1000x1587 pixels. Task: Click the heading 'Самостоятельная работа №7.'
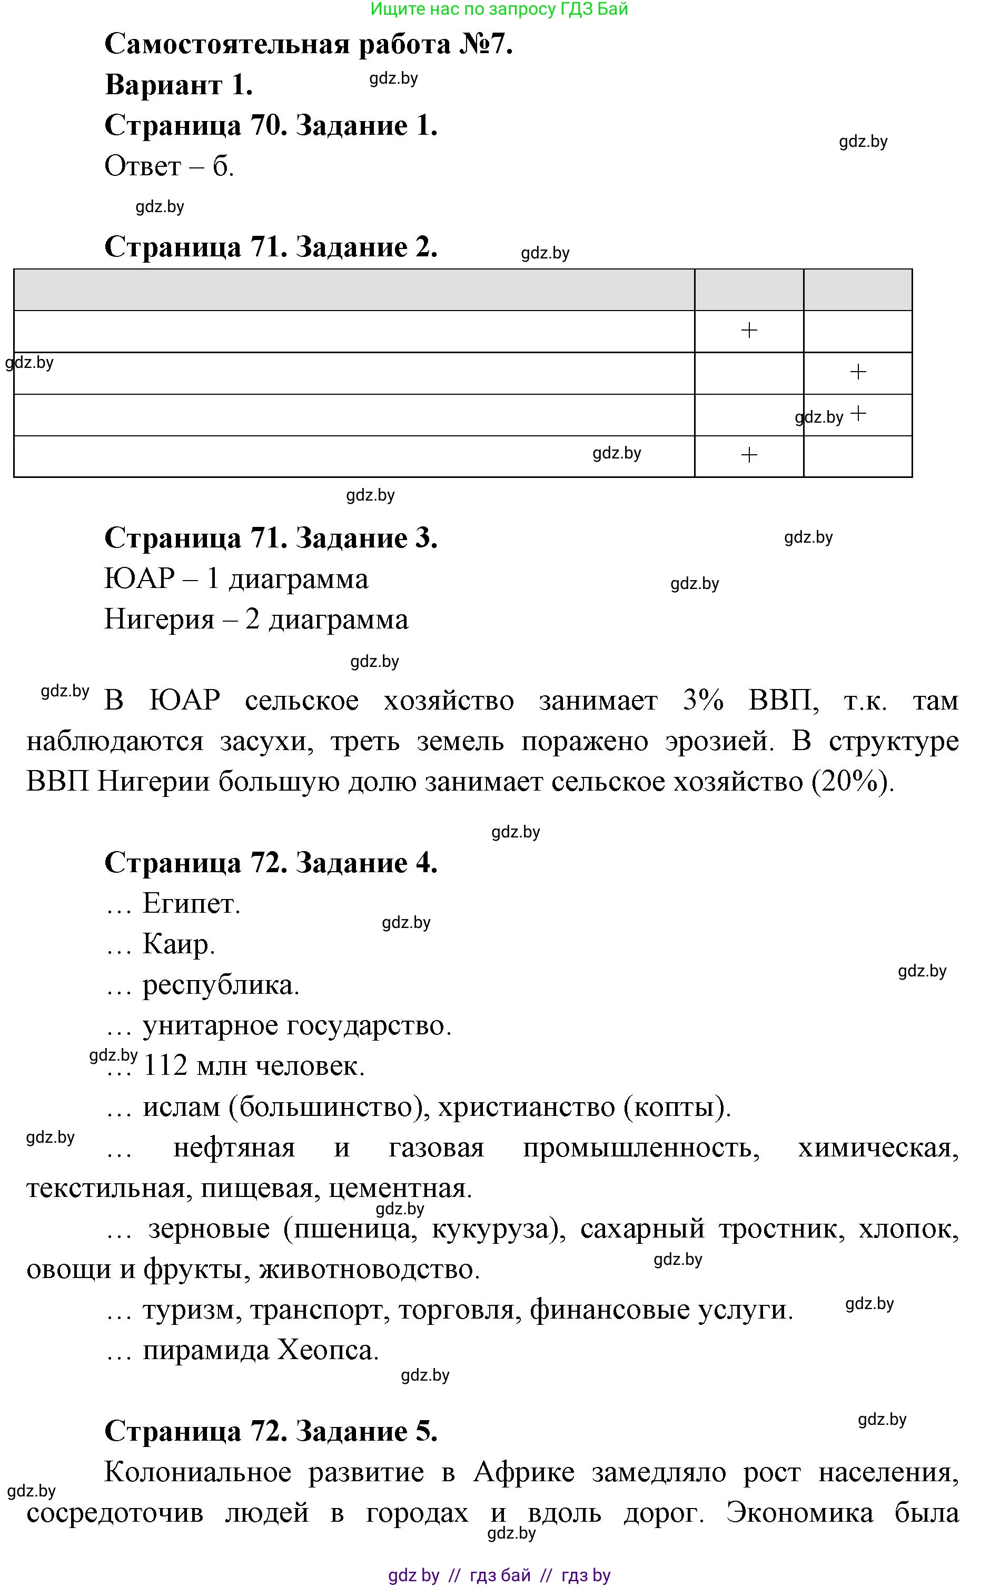[309, 44]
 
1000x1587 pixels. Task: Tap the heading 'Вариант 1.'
[179, 85]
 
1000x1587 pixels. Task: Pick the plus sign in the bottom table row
[749, 455]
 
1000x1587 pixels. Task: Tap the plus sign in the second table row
[858, 372]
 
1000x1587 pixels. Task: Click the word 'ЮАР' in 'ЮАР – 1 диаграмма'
[140, 578]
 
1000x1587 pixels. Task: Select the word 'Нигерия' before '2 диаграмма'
[160, 620]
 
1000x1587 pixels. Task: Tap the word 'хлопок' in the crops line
[908, 1229]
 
